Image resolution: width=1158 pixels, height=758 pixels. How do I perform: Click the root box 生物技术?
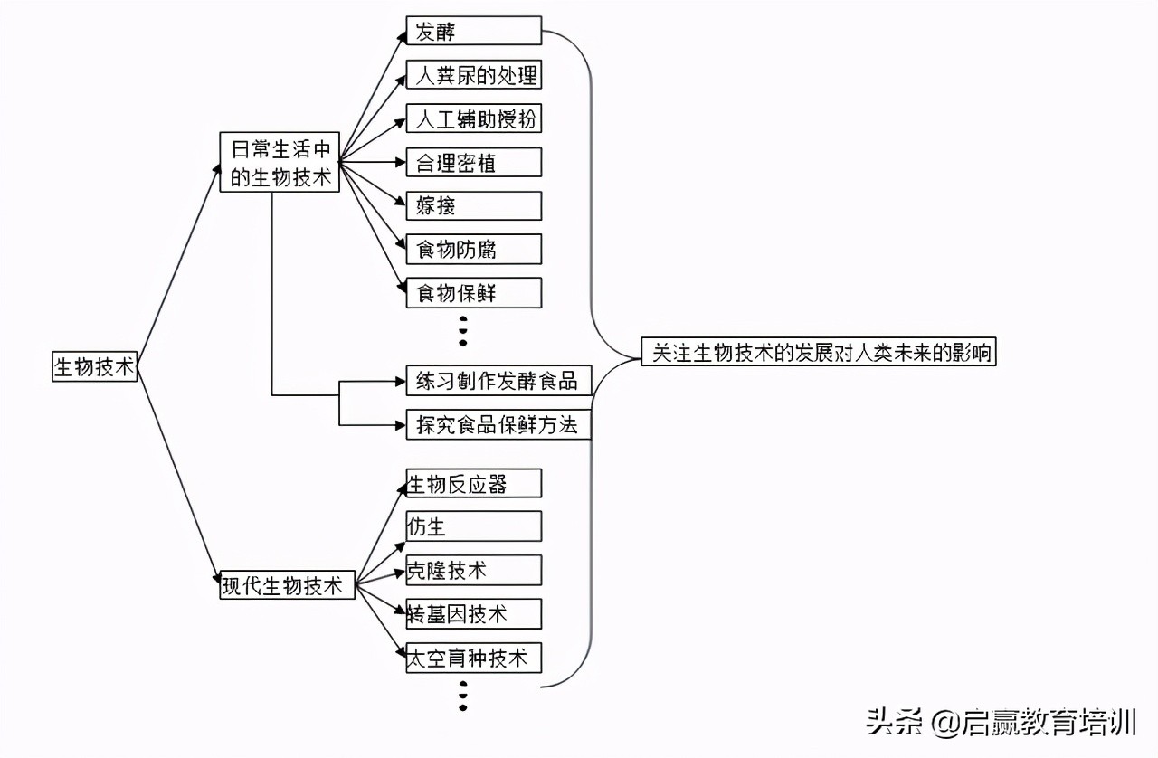(x=94, y=366)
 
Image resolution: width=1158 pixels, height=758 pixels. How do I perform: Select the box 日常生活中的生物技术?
(x=280, y=163)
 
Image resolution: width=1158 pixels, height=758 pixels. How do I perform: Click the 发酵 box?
(x=473, y=32)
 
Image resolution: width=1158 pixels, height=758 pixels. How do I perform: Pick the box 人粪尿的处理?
(x=473, y=75)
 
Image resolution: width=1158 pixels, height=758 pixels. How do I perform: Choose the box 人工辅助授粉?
(x=473, y=118)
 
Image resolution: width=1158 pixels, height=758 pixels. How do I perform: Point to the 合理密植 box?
(x=473, y=162)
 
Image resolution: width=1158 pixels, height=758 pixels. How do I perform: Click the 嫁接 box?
(x=473, y=205)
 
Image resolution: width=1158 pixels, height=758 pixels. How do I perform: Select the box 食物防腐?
(x=473, y=249)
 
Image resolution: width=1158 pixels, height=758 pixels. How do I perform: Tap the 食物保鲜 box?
(x=473, y=292)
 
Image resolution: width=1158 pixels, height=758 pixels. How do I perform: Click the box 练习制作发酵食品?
(x=498, y=381)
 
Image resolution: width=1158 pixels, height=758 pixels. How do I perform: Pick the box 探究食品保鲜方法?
(x=498, y=424)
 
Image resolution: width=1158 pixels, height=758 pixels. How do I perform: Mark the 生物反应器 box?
(x=473, y=483)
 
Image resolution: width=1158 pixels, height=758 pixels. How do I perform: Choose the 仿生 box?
(x=473, y=526)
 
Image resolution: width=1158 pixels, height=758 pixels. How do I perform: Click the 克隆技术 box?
(x=473, y=570)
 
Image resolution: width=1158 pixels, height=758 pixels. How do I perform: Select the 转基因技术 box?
(x=473, y=613)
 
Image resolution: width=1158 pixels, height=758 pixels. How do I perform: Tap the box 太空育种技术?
(x=473, y=658)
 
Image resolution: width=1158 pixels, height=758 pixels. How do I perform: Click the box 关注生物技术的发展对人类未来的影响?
(x=818, y=352)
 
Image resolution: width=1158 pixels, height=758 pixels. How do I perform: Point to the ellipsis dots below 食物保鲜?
(x=463, y=330)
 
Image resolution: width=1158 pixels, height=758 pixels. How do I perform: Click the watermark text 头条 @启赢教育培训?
(x=1001, y=723)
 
